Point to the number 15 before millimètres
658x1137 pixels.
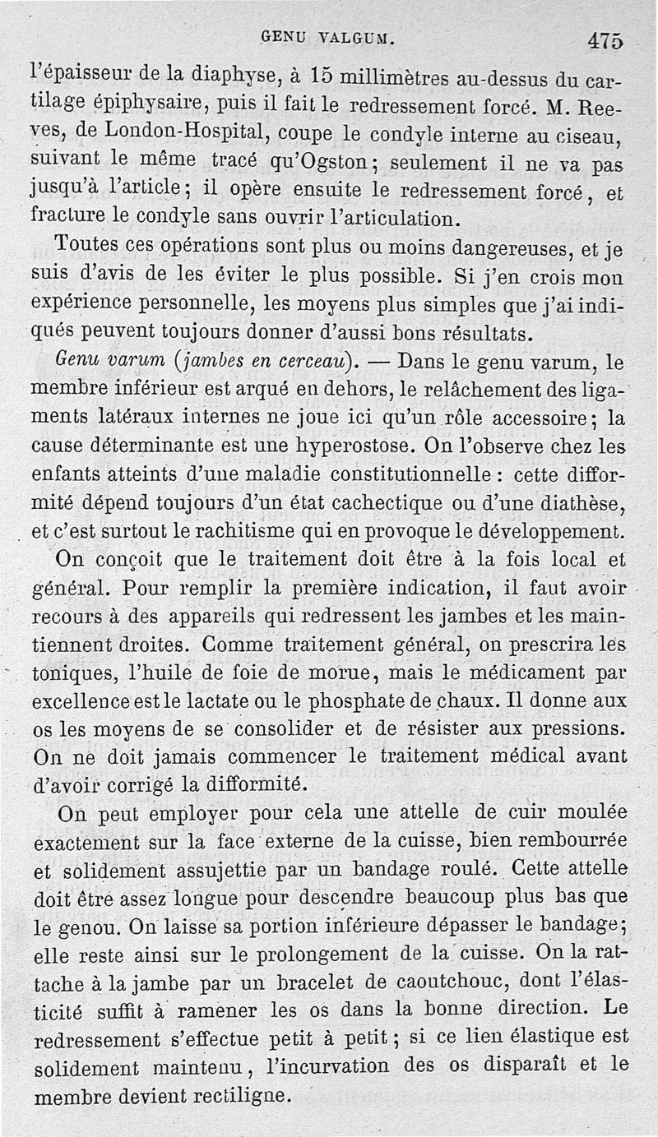point(322,77)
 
